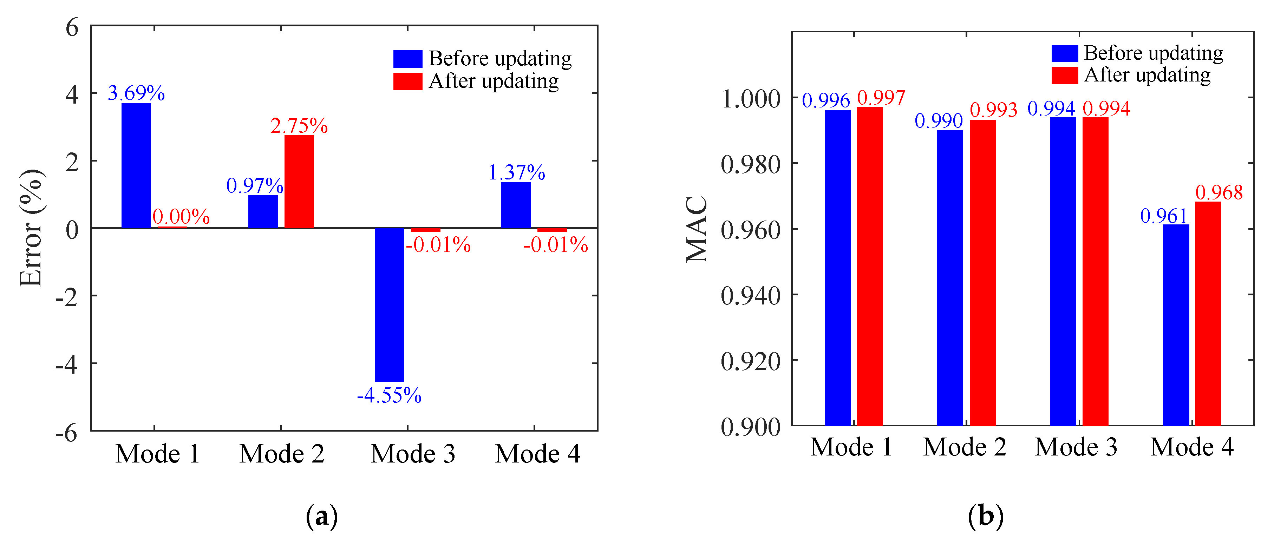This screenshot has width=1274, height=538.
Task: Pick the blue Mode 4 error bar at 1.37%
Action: tap(516, 205)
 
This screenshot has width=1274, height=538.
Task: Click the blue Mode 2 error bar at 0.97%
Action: tap(263, 212)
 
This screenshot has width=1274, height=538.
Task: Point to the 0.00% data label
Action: tap(181, 217)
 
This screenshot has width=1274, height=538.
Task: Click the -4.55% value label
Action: tap(389, 395)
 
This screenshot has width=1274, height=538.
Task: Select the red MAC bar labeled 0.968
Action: tap(1208, 314)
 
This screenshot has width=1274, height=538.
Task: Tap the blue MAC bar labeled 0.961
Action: tap(1176, 325)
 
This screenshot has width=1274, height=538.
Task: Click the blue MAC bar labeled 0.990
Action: tap(950, 278)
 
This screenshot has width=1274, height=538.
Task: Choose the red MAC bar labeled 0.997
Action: tap(869, 267)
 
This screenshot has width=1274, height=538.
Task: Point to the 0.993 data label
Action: tap(993, 110)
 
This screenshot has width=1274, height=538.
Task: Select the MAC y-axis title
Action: tap(697, 229)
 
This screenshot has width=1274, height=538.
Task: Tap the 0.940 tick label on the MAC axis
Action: tap(750, 296)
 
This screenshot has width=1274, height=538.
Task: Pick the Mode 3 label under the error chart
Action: tap(413, 453)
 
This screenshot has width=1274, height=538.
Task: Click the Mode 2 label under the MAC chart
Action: tap(965, 447)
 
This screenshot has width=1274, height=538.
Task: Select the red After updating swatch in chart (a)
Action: tap(407, 81)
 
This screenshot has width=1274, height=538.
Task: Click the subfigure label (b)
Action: tap(985, 517)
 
